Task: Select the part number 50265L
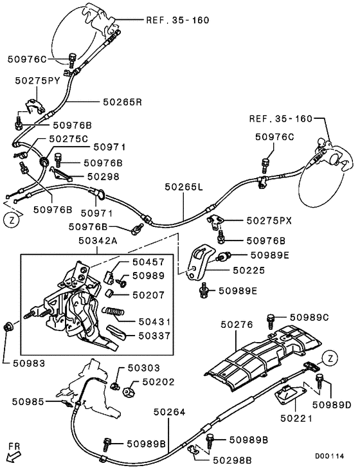point(183,187)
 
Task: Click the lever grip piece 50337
point(116,334)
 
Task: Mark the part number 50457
point(148,263)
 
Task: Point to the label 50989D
point(331,405)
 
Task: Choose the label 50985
point(28,401)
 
